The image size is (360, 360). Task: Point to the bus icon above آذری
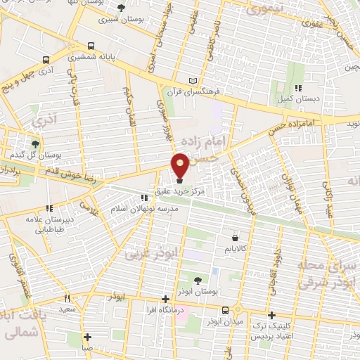46,60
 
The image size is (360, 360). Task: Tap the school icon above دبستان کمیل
298,89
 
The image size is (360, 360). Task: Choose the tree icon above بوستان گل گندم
36,143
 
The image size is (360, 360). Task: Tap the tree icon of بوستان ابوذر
196,280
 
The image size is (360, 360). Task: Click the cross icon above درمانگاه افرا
165,298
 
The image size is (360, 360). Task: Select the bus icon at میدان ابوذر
225,309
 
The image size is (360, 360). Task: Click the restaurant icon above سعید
67,298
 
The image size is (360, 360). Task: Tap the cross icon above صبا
87,336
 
